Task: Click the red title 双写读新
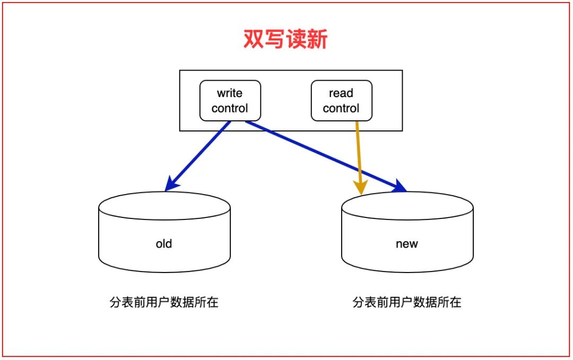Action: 285,40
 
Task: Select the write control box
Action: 230,100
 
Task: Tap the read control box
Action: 341,100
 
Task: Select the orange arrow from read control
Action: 359,154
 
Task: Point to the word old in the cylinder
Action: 164,244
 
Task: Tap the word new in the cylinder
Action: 407,244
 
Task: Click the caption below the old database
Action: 164,303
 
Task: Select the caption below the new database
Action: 407,303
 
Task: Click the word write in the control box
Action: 230,93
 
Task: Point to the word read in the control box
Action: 341,93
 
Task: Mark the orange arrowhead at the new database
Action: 361,188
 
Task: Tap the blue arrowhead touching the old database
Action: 171,185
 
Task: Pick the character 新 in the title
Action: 317,40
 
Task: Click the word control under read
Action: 341,108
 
